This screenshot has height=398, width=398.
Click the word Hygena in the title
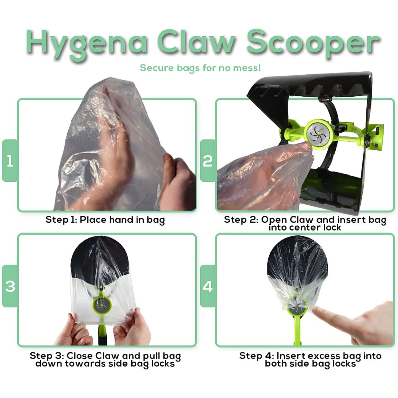coord(86,42)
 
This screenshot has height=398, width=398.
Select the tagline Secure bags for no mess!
coord(200,68)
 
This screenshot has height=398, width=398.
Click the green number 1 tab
coord(10,161)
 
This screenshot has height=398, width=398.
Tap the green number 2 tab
coord(208,161)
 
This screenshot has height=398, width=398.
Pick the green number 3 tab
coord(10,286)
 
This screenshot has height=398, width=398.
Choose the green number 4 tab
coord(208,286)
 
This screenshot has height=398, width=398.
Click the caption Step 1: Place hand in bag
coord(105,220)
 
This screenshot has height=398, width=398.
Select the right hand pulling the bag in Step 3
coord(133,328)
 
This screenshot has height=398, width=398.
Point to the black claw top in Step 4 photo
coord(297,255)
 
